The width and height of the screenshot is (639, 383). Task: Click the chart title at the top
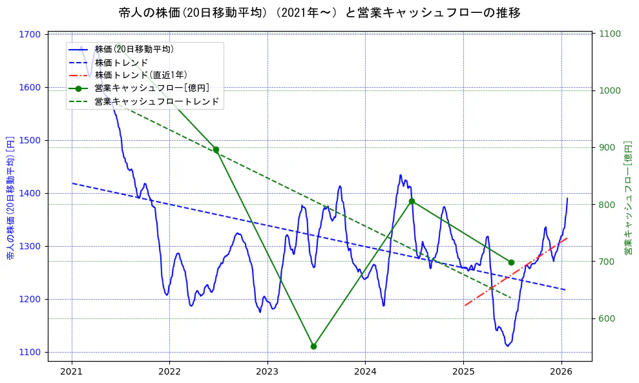point(319,12)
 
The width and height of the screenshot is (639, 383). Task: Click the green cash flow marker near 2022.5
point(216,150)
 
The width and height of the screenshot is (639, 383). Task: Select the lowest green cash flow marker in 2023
point(313,346)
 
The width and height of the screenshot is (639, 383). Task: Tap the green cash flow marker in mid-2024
point(412,201)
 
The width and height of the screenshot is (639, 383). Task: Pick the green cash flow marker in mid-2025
point(511,262)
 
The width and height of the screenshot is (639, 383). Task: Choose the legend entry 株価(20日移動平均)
point(134,49)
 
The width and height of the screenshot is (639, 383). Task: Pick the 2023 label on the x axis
point(267,371)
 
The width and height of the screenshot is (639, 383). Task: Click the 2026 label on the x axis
point(561,371)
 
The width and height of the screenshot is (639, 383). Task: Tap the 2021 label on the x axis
point(72,371)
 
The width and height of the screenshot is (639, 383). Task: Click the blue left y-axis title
point(10,198)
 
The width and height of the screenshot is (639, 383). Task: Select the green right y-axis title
point(628,198)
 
